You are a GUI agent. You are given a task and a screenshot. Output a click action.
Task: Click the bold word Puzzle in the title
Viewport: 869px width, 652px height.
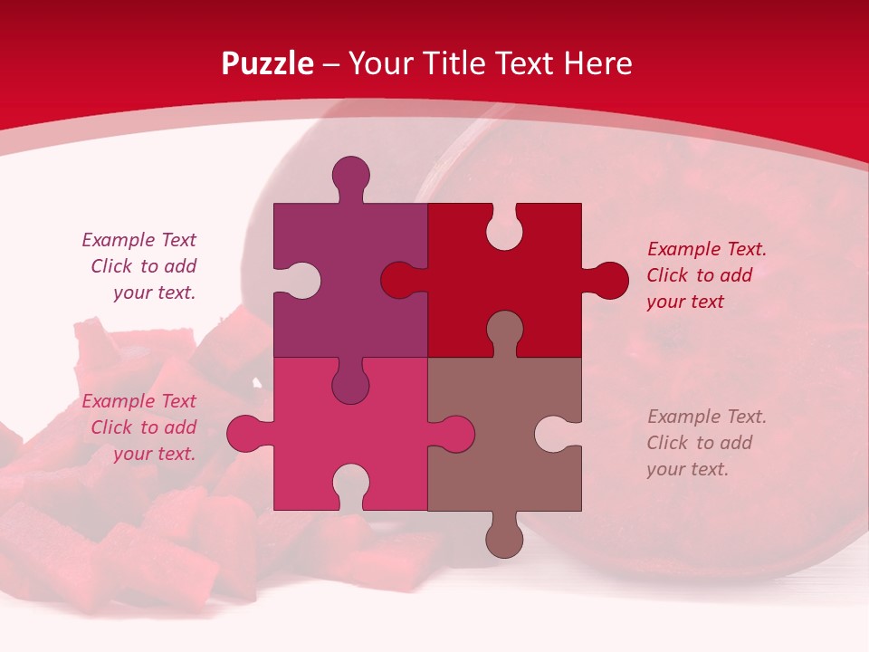[x=267, y=63]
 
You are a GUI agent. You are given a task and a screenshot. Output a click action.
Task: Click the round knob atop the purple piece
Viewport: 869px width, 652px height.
[x=350, y=174]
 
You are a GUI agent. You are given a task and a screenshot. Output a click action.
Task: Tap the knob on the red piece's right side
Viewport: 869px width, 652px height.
[x=609, y=281]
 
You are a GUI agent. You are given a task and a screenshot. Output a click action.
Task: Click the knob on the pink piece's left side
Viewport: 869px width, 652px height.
[x=244, y=433]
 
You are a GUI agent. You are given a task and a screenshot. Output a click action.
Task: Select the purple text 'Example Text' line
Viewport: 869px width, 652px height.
[x=138, y=240]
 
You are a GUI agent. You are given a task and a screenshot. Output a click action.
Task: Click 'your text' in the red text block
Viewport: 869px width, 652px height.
[x=685, y=302]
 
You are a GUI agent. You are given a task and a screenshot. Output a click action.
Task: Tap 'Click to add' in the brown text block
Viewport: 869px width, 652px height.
[x=699, y=443]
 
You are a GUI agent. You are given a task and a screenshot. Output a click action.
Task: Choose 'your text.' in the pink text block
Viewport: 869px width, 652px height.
[x=154, y=454]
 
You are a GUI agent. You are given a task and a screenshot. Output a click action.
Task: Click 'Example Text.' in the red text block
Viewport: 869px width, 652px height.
[x=706, y=249]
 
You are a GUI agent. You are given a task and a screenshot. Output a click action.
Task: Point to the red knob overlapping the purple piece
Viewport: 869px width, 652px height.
[x=398, y=281]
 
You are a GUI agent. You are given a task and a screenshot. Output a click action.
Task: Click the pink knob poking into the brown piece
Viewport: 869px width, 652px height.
[x=456, y=433]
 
